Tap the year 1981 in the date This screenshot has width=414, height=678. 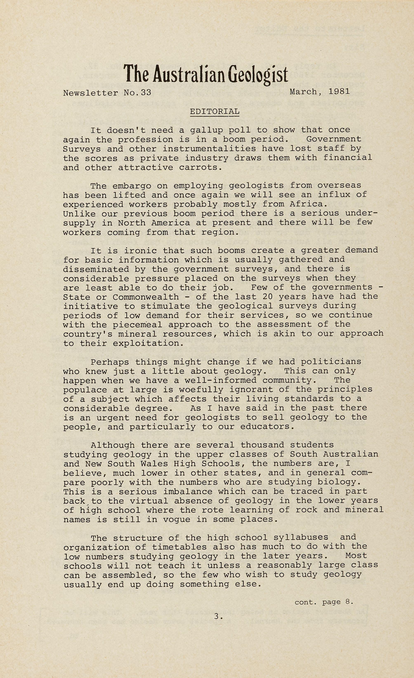pyautogui.click(x=339, y=92)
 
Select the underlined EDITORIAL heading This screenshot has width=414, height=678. pyautogui.click(x=215, y=112)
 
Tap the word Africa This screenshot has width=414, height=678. pyautogui.click(x=308, y=204)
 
